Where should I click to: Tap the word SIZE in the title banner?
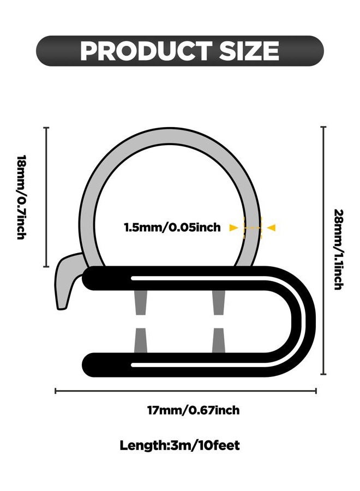[249, 51]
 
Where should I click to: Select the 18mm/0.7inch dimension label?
[21, 197]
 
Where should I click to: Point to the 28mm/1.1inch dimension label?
[339, 249]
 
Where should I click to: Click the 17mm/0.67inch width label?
[194, 410]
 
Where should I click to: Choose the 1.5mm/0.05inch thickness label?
[172, 227]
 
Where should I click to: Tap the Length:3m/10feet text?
[179, 445]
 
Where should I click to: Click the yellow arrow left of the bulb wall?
[234, 227]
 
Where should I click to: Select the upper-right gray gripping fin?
[219, 302]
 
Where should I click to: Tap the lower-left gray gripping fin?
[141, 340]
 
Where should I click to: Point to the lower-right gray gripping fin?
[219, 340]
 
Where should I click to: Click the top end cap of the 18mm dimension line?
[46, 128]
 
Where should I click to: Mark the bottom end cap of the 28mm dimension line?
[323, 374]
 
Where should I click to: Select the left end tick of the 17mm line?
[56, 391]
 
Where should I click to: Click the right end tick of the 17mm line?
[316, 391]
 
